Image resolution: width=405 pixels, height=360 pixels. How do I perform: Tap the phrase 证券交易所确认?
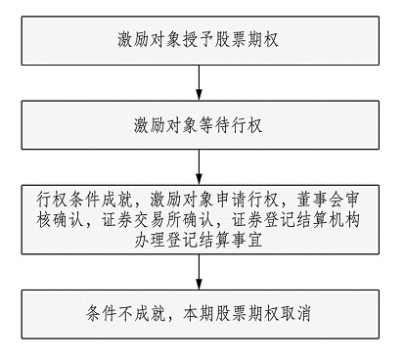click(168, 222)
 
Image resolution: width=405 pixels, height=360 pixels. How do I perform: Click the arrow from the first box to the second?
click(202, 85)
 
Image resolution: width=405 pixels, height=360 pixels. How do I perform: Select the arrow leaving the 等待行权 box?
click(202, 168)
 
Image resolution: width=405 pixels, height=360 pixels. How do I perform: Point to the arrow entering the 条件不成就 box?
click(202, 275)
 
